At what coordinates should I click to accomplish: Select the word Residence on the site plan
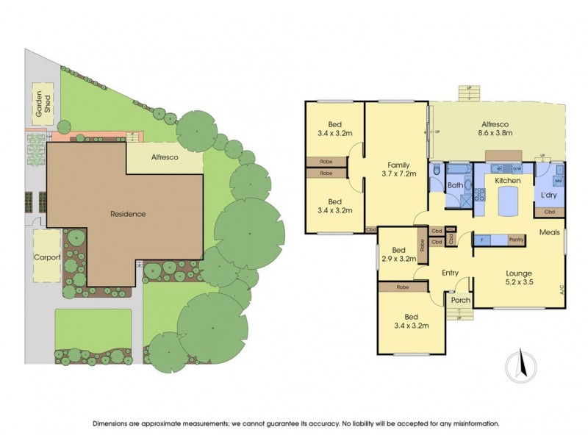click(x=128, y=214)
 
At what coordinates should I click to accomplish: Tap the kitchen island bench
click(x=507, y=203)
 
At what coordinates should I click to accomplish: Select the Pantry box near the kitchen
click(x=515, y=240)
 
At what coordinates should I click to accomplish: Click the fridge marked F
click(x=481, y=240)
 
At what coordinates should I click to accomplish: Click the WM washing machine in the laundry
click(x=558, y=181)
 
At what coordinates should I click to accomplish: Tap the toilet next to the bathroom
click(x=437, y=171)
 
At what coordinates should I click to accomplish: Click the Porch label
click(x=460, y=300)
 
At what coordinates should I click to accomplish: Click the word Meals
click(x=550, y=233)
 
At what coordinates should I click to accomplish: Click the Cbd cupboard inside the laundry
click(x=550, y=212)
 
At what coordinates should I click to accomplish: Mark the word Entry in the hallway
click(x=450, y=273)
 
